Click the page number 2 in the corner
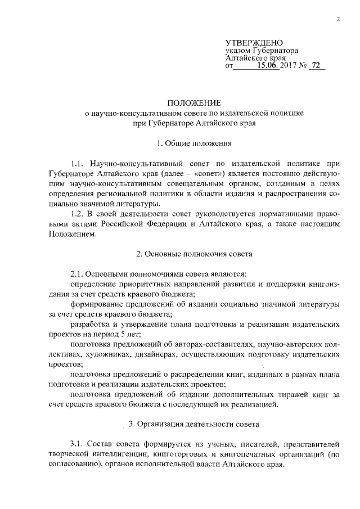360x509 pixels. (339, 19)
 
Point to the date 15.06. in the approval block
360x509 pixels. (267, 66)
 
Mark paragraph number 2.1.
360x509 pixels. (77, 274)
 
